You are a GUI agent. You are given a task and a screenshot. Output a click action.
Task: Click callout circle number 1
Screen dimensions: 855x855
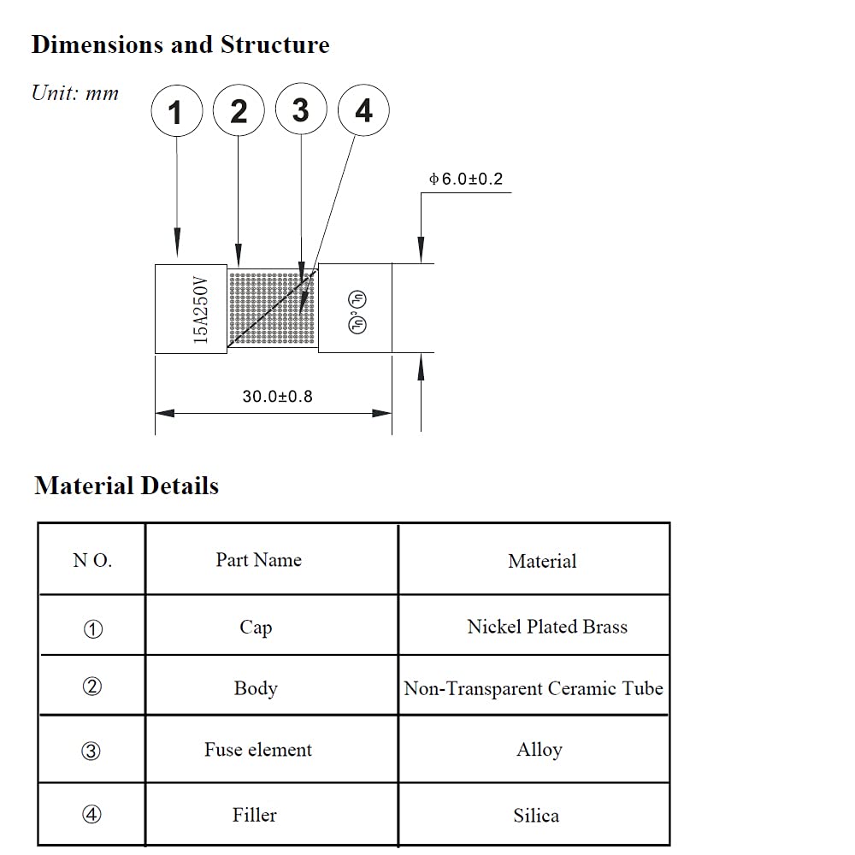[x=176, y=111]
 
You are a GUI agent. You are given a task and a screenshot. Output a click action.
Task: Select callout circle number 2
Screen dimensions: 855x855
[x=239, y=111]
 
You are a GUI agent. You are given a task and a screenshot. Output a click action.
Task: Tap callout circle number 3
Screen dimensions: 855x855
[x=301, y=110]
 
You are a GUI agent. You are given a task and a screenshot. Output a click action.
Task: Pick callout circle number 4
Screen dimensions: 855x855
[x=363, y=111]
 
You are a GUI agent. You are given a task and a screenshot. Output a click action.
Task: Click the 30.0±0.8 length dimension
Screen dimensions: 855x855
[x=277, y=397]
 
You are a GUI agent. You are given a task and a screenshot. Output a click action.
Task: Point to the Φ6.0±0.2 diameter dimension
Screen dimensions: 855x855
[x=466, y=180]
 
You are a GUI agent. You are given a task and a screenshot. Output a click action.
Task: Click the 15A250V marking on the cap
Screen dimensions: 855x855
[x=201, y=309]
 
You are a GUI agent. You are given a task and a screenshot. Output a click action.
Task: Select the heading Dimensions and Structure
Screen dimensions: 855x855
[x=180, y=44]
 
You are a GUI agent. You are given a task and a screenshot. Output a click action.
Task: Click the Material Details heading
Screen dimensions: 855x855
[x=127, y=486]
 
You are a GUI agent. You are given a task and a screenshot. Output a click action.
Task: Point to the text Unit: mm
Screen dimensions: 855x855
[x=75, y=93]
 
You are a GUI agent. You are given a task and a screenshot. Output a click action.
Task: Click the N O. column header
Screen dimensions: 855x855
[x=92, y=561]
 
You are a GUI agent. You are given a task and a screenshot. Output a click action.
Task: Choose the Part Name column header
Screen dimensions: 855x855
[x=258, y=560]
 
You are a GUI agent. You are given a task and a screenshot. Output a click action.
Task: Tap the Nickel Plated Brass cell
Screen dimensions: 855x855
[x=547, y=627]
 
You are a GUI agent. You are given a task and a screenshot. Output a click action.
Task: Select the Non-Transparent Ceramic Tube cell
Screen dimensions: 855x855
[x=534, y=688]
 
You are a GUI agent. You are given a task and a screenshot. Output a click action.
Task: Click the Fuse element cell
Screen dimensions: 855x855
[x=257, y=750]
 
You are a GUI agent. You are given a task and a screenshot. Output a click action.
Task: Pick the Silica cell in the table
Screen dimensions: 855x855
[x=536, y=816]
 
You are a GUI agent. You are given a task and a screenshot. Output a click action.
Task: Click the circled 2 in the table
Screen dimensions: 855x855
[x=92, y=687]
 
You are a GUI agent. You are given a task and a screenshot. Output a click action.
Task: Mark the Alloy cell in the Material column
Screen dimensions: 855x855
[x=539, y=750]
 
